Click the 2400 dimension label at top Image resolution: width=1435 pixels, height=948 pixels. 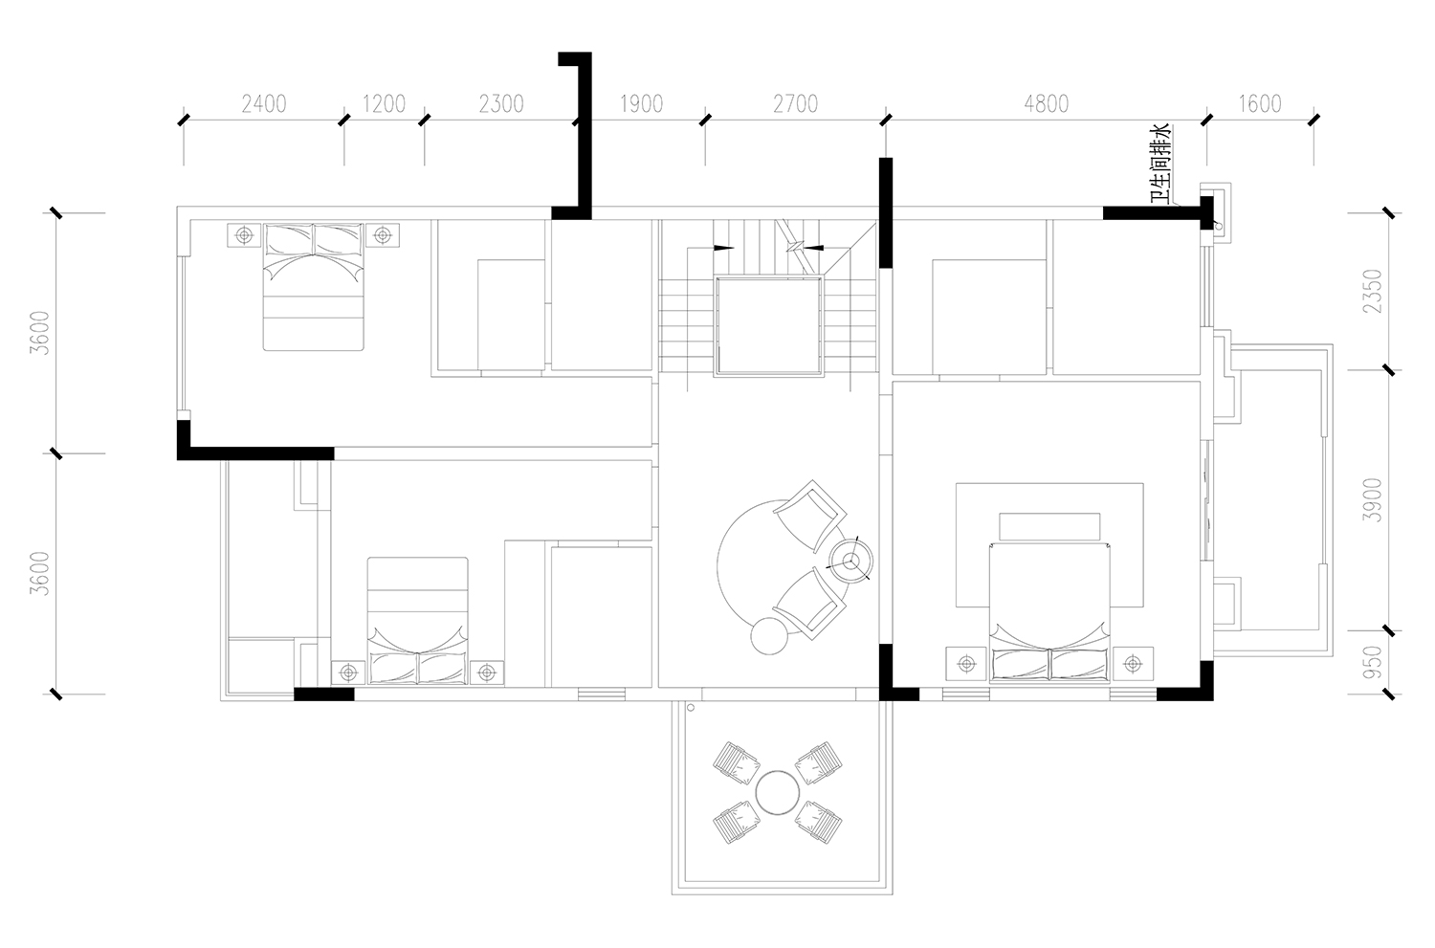click(x=264, y=103)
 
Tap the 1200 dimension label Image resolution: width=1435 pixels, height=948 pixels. click(x=385, y=103)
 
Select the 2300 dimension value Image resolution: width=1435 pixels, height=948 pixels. click(x=501, y=103)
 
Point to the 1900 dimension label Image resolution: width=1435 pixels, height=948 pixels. click(x=642, y=103)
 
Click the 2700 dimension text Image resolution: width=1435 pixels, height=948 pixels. click(x=796, y=103)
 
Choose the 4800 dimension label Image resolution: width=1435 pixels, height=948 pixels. click(x=1047, y=103)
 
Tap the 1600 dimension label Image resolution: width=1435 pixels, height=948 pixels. click(x=1260, y=103)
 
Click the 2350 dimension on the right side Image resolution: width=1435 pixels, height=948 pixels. click(x=1373, y=292)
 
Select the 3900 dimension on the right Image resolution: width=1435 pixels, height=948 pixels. click(x=1373, y=500)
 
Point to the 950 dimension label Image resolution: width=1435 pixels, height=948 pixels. click(x=1373, y=662)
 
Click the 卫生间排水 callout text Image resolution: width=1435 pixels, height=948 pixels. click(x=1160, y=164)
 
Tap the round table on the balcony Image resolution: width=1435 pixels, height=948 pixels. click(x=777, y=792)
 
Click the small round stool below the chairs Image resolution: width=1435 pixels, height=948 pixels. click(x=769, y=636)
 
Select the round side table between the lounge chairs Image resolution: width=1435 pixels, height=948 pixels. click(x=850, y=562)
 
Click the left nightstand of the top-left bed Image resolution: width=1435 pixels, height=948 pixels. click(x=244, y=235)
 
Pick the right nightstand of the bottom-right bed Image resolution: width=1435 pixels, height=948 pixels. click(x=1134, y=664)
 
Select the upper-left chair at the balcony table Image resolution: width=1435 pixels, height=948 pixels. click(x=736, y=762)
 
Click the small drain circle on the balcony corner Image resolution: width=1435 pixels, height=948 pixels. click(x=691, y=708)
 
